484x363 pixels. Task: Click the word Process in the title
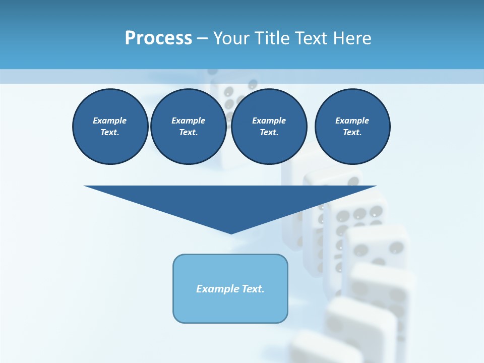(x=158, y=38)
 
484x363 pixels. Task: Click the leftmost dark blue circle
(x=110, y=127)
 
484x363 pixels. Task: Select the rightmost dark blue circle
(x=352, y=127)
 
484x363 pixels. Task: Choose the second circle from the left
(x=188, y=127)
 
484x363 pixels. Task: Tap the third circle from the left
(x=269, y=127)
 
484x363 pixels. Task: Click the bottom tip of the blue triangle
(x=231, y=232)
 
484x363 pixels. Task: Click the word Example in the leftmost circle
(x=110, y=120)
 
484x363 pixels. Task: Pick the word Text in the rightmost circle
(x=352, y=133)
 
